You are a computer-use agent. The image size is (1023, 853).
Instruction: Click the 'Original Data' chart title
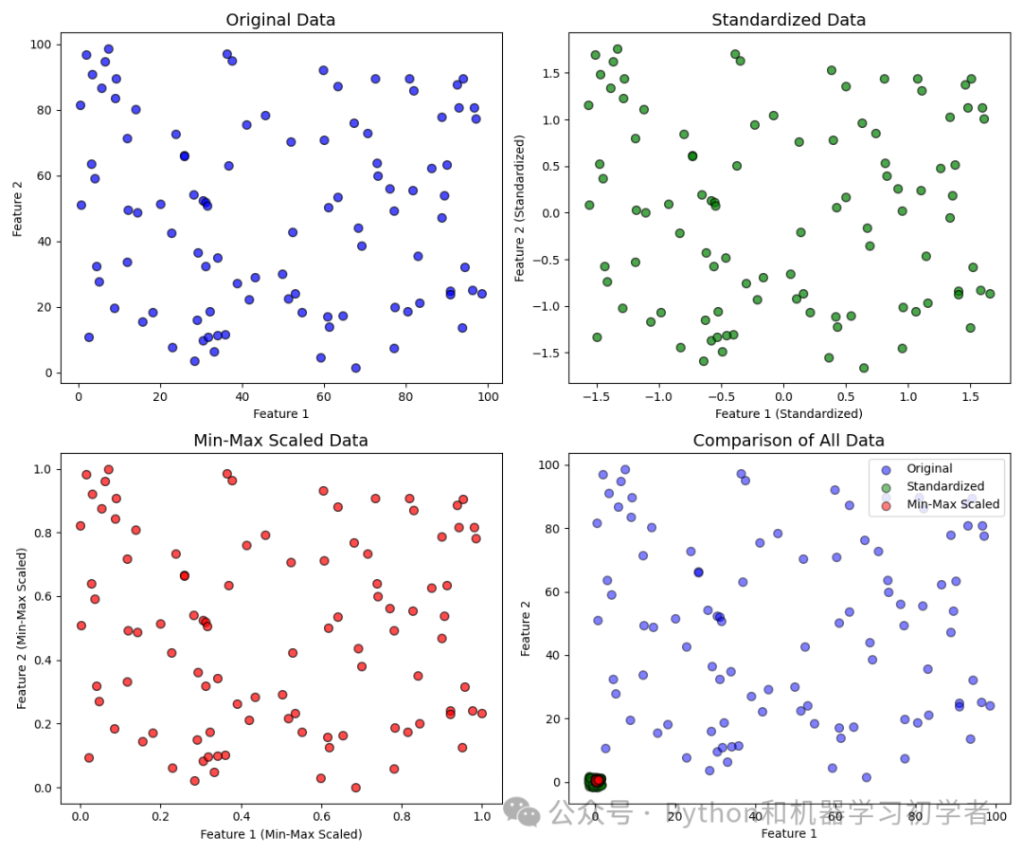click(x=280, y=20)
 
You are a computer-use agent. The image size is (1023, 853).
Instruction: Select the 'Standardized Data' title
click(x=788, y=20)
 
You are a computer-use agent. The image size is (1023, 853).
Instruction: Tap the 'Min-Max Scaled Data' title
click(x=280, y=441)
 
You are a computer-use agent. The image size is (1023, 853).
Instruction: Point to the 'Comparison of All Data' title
click(x=788, y=441)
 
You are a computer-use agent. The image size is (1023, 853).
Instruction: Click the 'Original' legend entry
click(x=929, y=468)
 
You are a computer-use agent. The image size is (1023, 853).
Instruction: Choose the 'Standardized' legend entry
click(x=944, y=486)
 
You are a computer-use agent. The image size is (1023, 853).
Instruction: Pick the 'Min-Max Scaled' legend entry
click(x=952, y=504)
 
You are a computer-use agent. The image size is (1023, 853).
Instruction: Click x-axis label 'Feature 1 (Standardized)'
click(x=788, y=413)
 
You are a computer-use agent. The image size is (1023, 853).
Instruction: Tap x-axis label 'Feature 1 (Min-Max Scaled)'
click(x=280, y=834)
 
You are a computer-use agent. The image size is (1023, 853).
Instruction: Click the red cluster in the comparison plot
click(x=598, y=781)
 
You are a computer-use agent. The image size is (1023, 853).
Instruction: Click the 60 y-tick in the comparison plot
click(x=558, y=591)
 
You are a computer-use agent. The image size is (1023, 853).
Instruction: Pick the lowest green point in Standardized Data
click(x=864, y=368)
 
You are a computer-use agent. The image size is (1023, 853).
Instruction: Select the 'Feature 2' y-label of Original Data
click(x=18, y=209)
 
